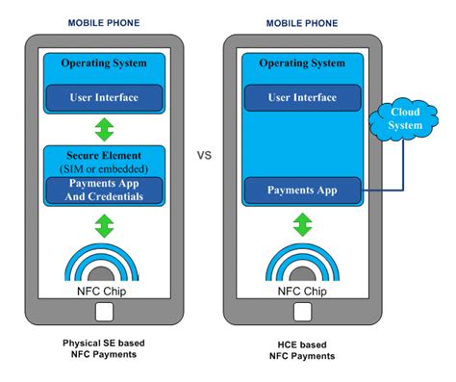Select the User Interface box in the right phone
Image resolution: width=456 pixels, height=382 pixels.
[304, 97]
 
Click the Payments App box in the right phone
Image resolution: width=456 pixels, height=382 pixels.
[304, 191]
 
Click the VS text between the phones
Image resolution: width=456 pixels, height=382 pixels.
[203, 155]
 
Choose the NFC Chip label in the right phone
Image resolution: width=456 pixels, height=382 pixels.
[304, 290]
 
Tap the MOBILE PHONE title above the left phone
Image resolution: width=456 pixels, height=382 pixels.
[106, 22]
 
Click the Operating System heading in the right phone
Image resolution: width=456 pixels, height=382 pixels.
[304, 64]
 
